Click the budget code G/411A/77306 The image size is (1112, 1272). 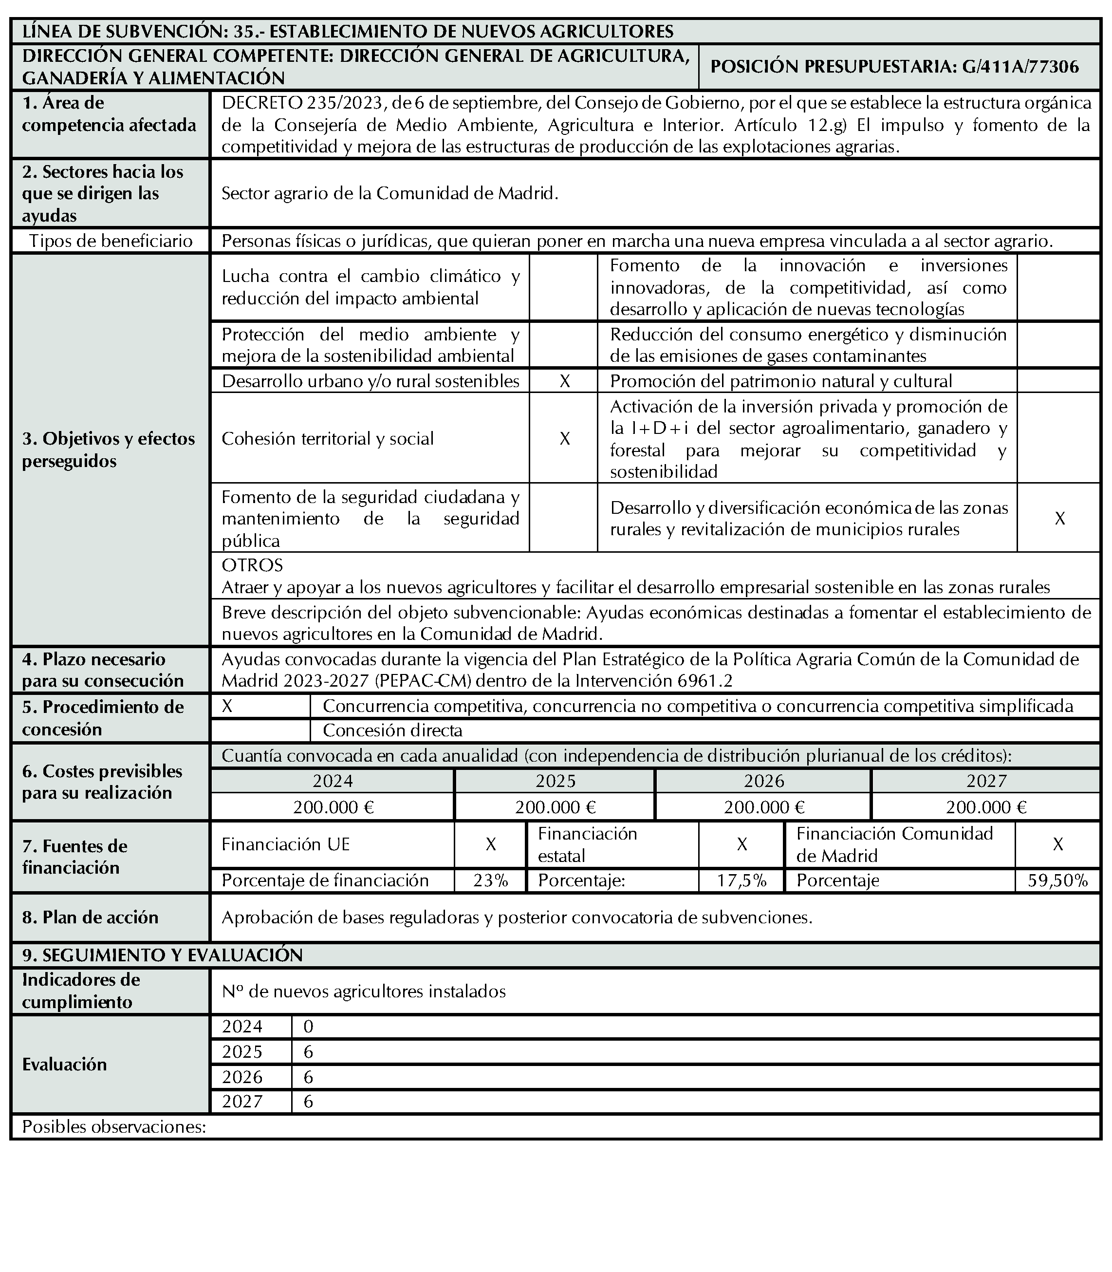[x=1021, y=67]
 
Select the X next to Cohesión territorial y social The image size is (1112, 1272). [x=565, y=439]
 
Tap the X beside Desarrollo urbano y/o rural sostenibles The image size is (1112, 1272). [x=565, y=381]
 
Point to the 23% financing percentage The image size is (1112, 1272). [x=490, y=880]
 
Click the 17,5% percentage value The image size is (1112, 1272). [x=741, y=880]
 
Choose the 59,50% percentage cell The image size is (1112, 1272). [x=1057, y=880]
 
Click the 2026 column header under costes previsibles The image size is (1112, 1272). [x=764, y=781]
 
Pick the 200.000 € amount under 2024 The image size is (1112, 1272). [x=333, y=807]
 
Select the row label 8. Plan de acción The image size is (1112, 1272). [x=91, y=917]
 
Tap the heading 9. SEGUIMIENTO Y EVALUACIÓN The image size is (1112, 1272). [x=163, y=955]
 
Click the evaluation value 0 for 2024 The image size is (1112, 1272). [x=308, y=1027]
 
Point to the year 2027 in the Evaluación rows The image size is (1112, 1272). [x=242, y=1101]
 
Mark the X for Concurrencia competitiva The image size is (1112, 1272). [x=228, y=707]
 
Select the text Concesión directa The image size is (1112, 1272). [x=392, y=730]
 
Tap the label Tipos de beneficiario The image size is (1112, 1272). [x=111, y=241]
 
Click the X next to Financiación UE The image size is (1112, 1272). [x=490, y=844]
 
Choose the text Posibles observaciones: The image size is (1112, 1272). [x=114, y=1127]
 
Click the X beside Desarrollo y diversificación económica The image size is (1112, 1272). [x=1060, y=518]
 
